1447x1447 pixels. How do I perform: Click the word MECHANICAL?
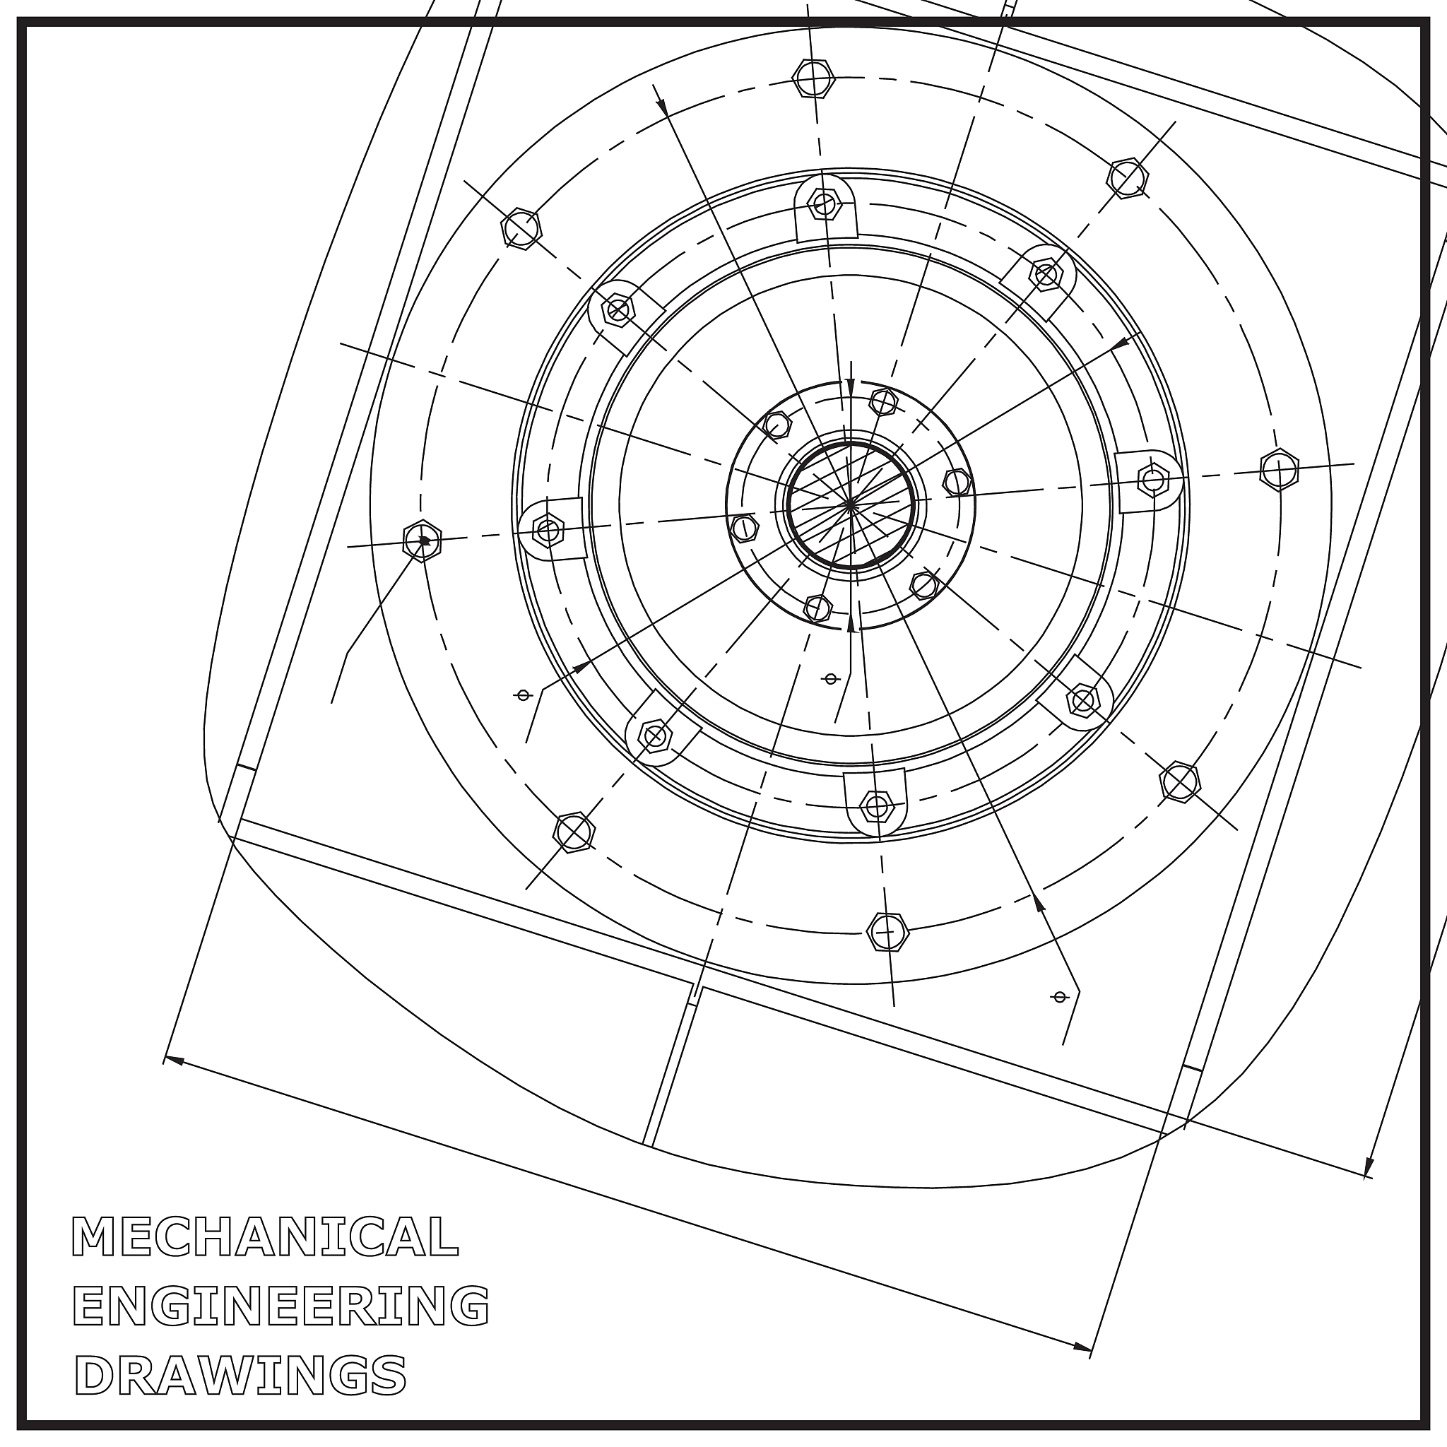point(265,1236)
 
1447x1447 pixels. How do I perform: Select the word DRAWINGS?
point(240,1374)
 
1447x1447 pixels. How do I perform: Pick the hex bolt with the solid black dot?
point(423,540)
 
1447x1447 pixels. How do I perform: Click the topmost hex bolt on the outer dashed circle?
point(813,77)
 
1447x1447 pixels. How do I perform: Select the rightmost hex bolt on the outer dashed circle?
point(1280,470)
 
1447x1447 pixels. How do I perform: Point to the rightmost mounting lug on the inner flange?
point(1149,480)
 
